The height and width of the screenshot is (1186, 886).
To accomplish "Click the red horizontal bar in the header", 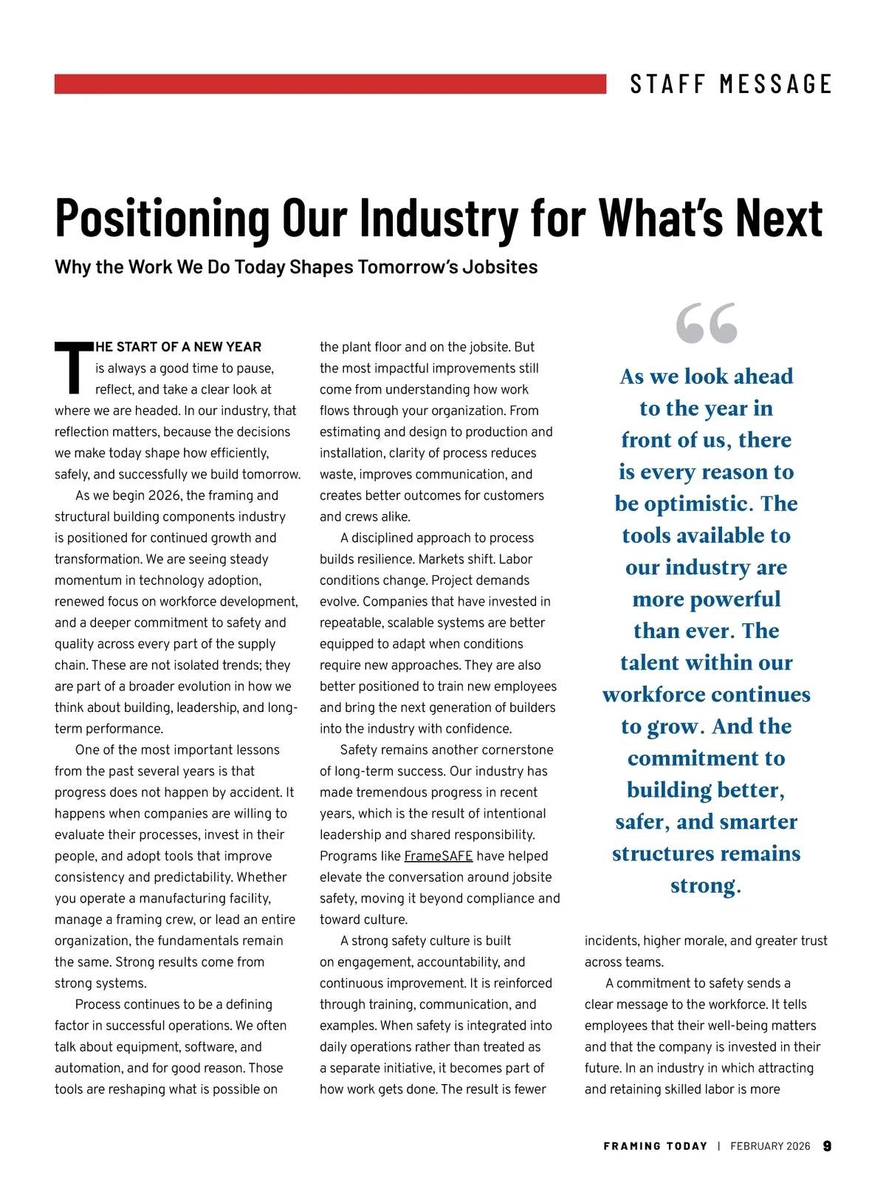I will coord(330,83).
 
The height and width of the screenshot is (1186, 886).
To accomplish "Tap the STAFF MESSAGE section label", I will coord(731,84).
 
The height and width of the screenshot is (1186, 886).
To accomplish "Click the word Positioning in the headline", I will coord(163,219).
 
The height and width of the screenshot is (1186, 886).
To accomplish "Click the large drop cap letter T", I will coord(73,368).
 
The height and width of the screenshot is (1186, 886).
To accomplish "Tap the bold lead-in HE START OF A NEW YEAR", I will coord(178,347).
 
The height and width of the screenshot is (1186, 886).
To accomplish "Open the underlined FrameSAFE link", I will coord(438,856).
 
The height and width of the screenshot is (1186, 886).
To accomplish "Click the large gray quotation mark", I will coord(707,323).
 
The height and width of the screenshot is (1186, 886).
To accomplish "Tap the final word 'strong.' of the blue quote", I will coord(706,885).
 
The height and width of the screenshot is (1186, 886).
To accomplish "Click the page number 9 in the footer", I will coord(827,1146).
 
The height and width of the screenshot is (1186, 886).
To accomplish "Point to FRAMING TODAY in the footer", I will coord(655,1146).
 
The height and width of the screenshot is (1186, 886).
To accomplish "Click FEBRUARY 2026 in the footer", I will coord(770,1146).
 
